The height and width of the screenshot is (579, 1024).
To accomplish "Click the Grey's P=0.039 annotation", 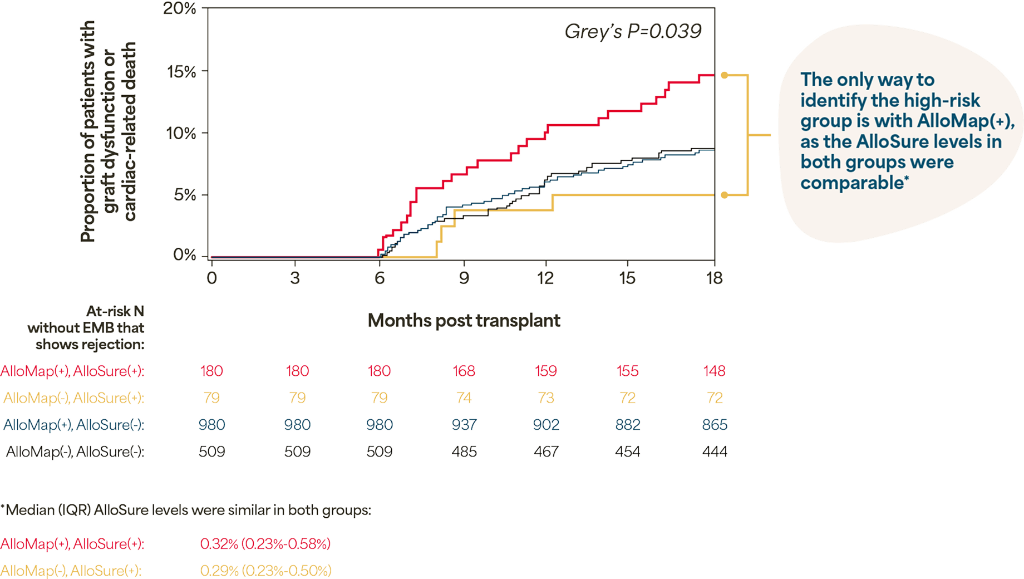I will point(633,32).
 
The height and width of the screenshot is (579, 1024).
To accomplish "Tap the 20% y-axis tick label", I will point(180,9).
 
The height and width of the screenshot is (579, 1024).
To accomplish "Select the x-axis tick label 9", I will point(464,277).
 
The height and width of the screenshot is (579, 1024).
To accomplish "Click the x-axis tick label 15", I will point(627,277).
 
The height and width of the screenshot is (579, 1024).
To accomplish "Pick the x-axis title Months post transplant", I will point(464,321).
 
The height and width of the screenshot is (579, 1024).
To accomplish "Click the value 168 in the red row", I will point(464,371).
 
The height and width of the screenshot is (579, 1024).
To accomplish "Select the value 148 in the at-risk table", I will point(715,371).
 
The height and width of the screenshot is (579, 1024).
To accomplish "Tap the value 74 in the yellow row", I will point(464,398).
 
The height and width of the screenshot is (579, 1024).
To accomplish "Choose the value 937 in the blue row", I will point(464,425).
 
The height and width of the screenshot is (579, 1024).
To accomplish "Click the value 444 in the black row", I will point(715,451).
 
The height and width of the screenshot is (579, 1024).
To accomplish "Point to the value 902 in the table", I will point(546,425).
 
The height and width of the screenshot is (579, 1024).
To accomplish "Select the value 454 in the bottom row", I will point(627,451).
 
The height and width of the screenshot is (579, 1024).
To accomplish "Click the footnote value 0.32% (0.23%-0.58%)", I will point(265,543).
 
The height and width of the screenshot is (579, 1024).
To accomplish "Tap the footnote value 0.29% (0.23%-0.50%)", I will point(265,570).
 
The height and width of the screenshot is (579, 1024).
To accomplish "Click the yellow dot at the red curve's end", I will point(724,75).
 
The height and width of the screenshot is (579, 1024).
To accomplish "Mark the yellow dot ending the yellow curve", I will point(724,195).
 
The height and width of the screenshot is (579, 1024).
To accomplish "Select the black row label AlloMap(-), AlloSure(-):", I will point(75,451).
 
